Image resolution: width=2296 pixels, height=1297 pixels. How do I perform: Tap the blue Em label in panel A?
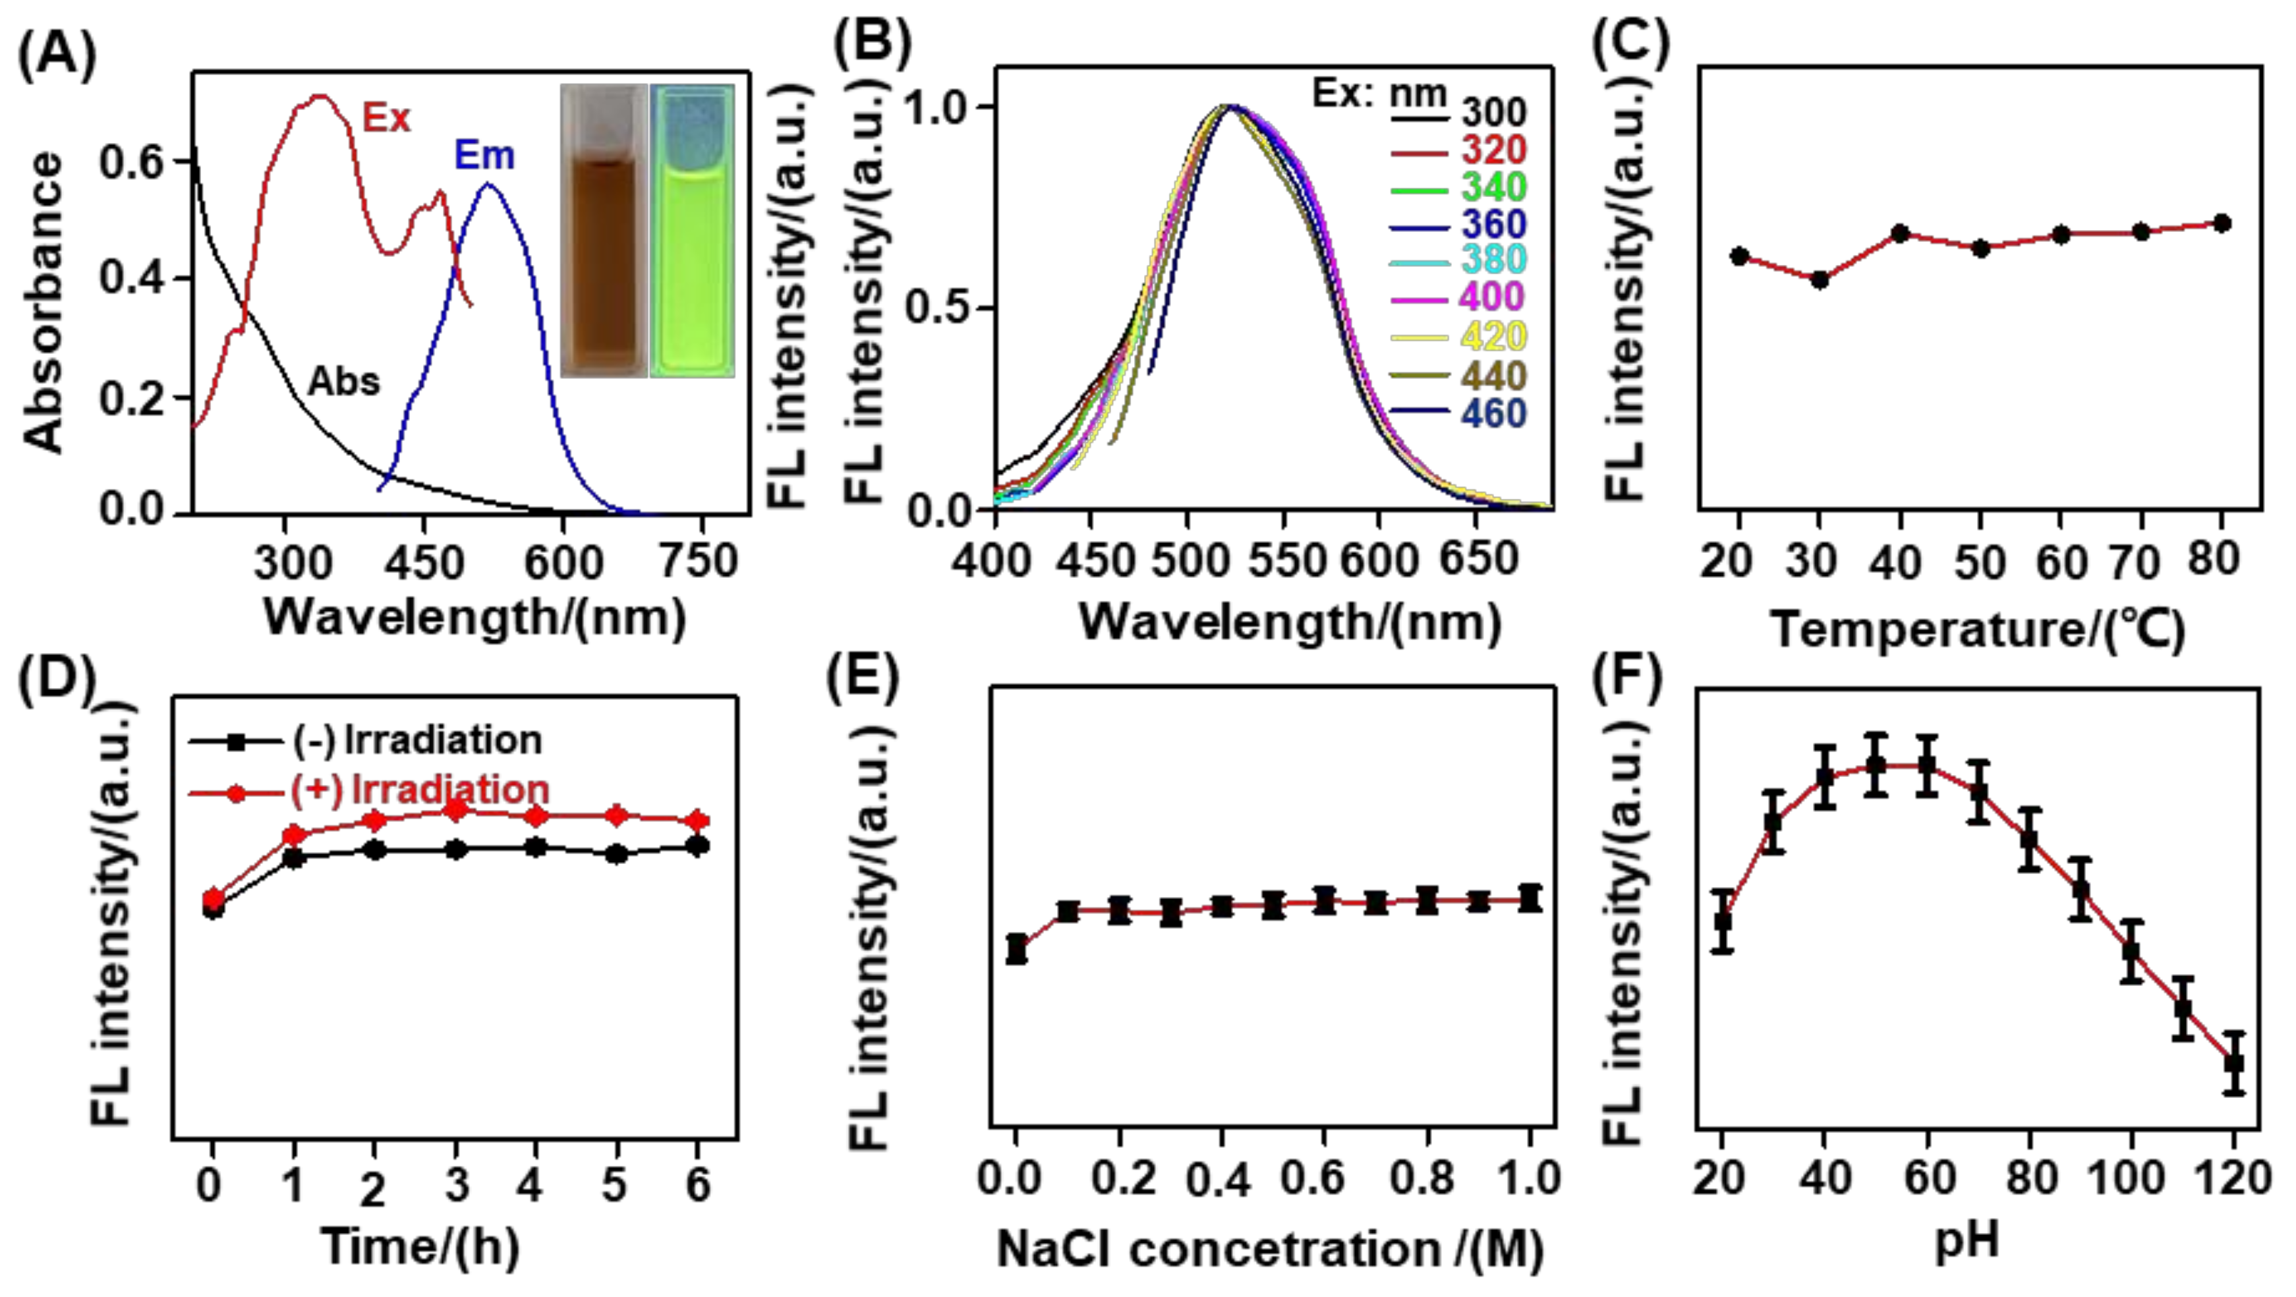(x=485, y=156)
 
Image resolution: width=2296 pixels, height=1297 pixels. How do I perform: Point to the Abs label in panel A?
(x=343, y=382)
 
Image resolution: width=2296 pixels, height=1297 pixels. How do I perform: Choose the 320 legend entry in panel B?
(x=1493, y=150)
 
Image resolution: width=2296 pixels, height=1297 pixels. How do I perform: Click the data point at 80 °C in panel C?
(x=2222, y=223)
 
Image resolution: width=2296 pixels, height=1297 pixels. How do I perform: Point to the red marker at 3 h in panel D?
(x=456, y=809)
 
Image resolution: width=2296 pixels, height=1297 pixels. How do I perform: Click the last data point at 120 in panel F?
(x=2233, y=1064)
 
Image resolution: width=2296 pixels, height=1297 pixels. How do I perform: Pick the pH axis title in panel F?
(x=1967, y=1240)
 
